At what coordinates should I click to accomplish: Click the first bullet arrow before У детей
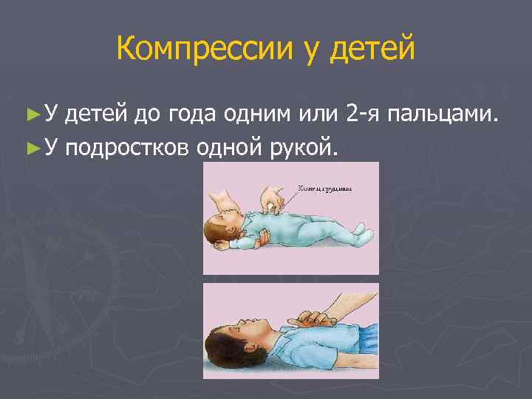point(30,115)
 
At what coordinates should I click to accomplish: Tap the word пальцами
point(447,115)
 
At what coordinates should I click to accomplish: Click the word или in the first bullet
point(318,115)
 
